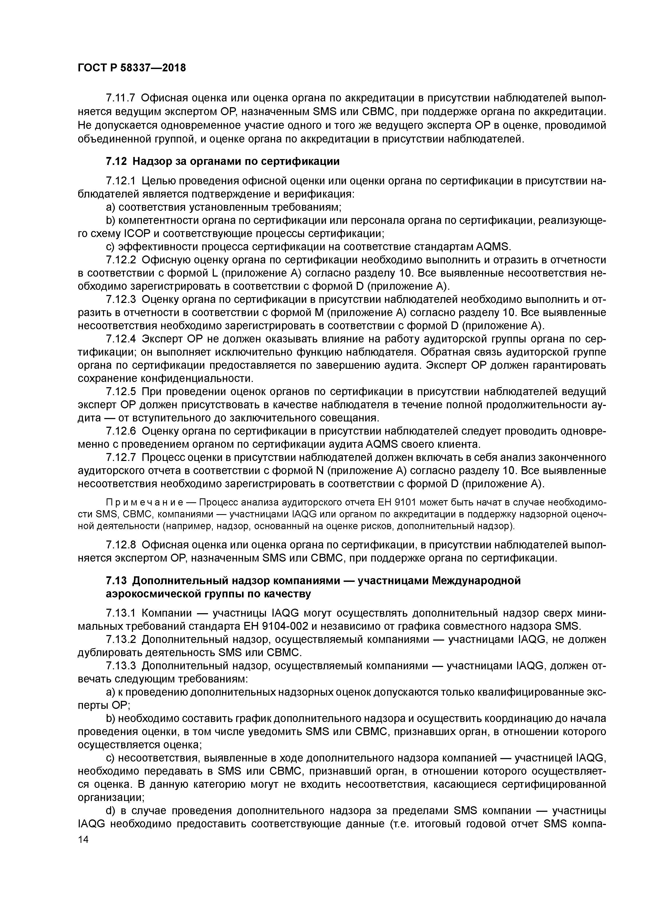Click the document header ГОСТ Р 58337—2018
point(132,68)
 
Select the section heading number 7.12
point(116,162)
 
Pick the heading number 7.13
point(116,581)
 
